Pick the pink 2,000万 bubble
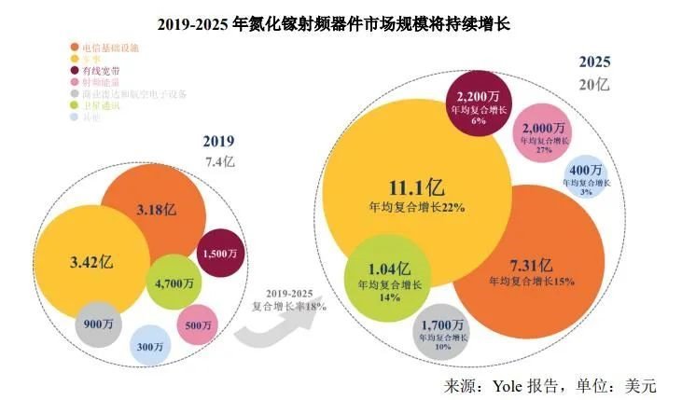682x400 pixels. pyautogui.click(x=544, y=132)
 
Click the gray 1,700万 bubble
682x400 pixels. pyautogui.click(x=442, y=332)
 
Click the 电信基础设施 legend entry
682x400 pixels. pyautogui.click(x=110, y=46)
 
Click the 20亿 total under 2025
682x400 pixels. pyautogui.click(x=594, y=85)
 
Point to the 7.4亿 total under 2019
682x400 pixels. pyautogui.click(x=220, y=160)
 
